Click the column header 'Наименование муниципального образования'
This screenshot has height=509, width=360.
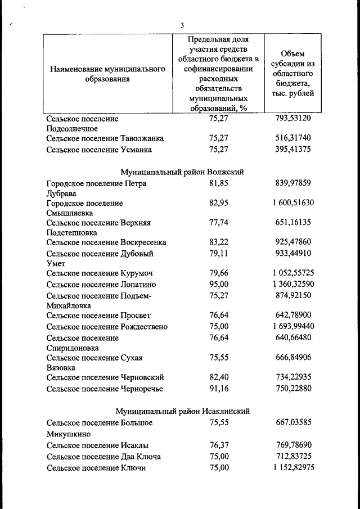(x=107, y=74)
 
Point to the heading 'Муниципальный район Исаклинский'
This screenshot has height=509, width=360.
(x=182, y=411)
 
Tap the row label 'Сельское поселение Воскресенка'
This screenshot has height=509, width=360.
(x=106, y=242)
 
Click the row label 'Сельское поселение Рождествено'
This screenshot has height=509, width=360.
(x=107, y=327)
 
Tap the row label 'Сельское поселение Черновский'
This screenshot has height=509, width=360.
(x=105, y=377)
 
